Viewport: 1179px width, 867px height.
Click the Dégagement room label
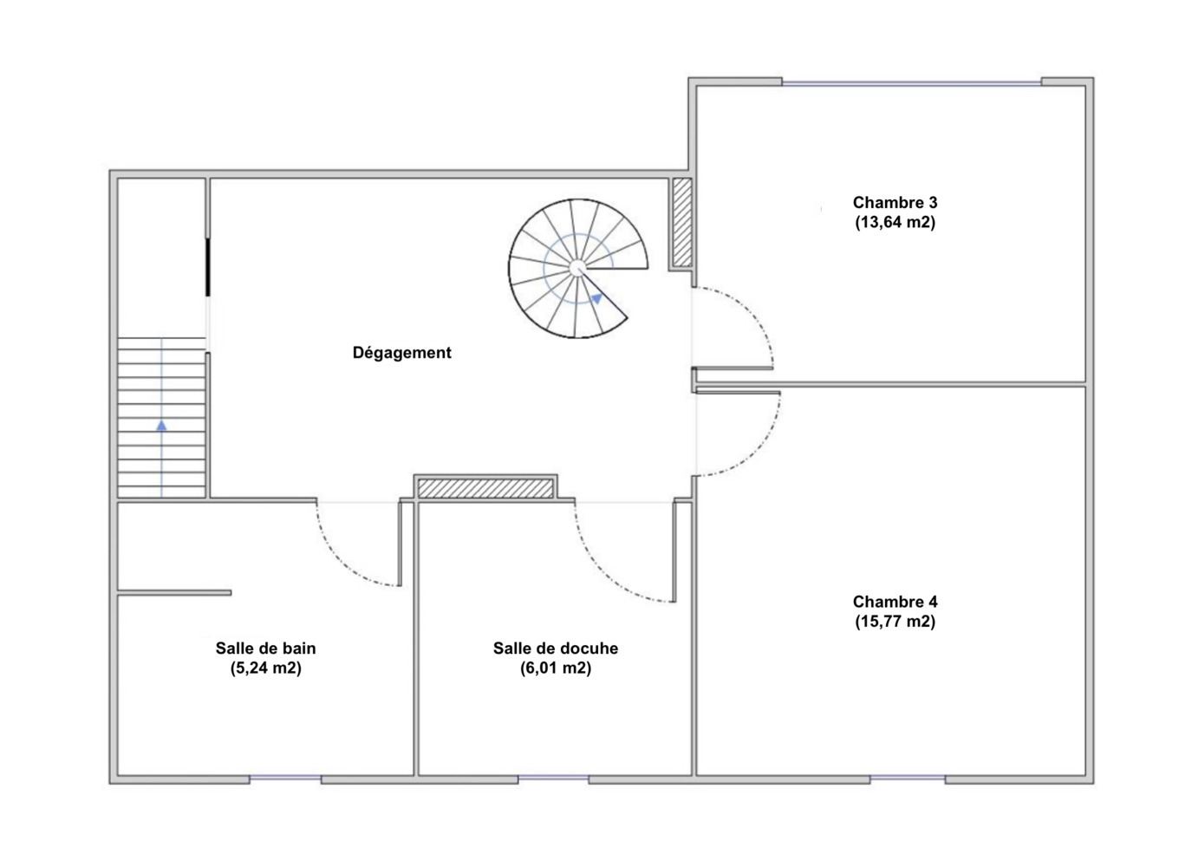tap(401, 353)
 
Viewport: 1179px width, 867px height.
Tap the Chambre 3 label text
tap(895, 202)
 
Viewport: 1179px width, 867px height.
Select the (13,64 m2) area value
tap(895, 222)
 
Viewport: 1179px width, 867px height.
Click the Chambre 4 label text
tap(895, 601)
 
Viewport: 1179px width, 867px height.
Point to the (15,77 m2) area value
tap(895, 621)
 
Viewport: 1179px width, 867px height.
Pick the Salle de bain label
tap(266, 648)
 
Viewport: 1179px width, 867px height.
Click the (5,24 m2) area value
tap(266, 668)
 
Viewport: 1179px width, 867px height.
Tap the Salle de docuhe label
tap(556, 648)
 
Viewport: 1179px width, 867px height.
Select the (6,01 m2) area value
tap(556, 668)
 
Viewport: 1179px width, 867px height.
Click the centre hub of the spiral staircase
tap(576, 268)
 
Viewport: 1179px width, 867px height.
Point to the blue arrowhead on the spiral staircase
tap(596, 298)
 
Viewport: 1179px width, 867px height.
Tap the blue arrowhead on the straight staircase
tap(161, 425)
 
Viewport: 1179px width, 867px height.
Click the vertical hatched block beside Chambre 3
tap(682, 222)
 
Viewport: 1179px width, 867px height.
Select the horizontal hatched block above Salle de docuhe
tap(485, 488)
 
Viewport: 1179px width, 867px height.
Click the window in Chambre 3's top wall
tap(911, 82)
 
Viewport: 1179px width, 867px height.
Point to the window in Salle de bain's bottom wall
tap(285, 778)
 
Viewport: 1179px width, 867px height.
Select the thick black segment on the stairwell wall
tap(208, 267)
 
